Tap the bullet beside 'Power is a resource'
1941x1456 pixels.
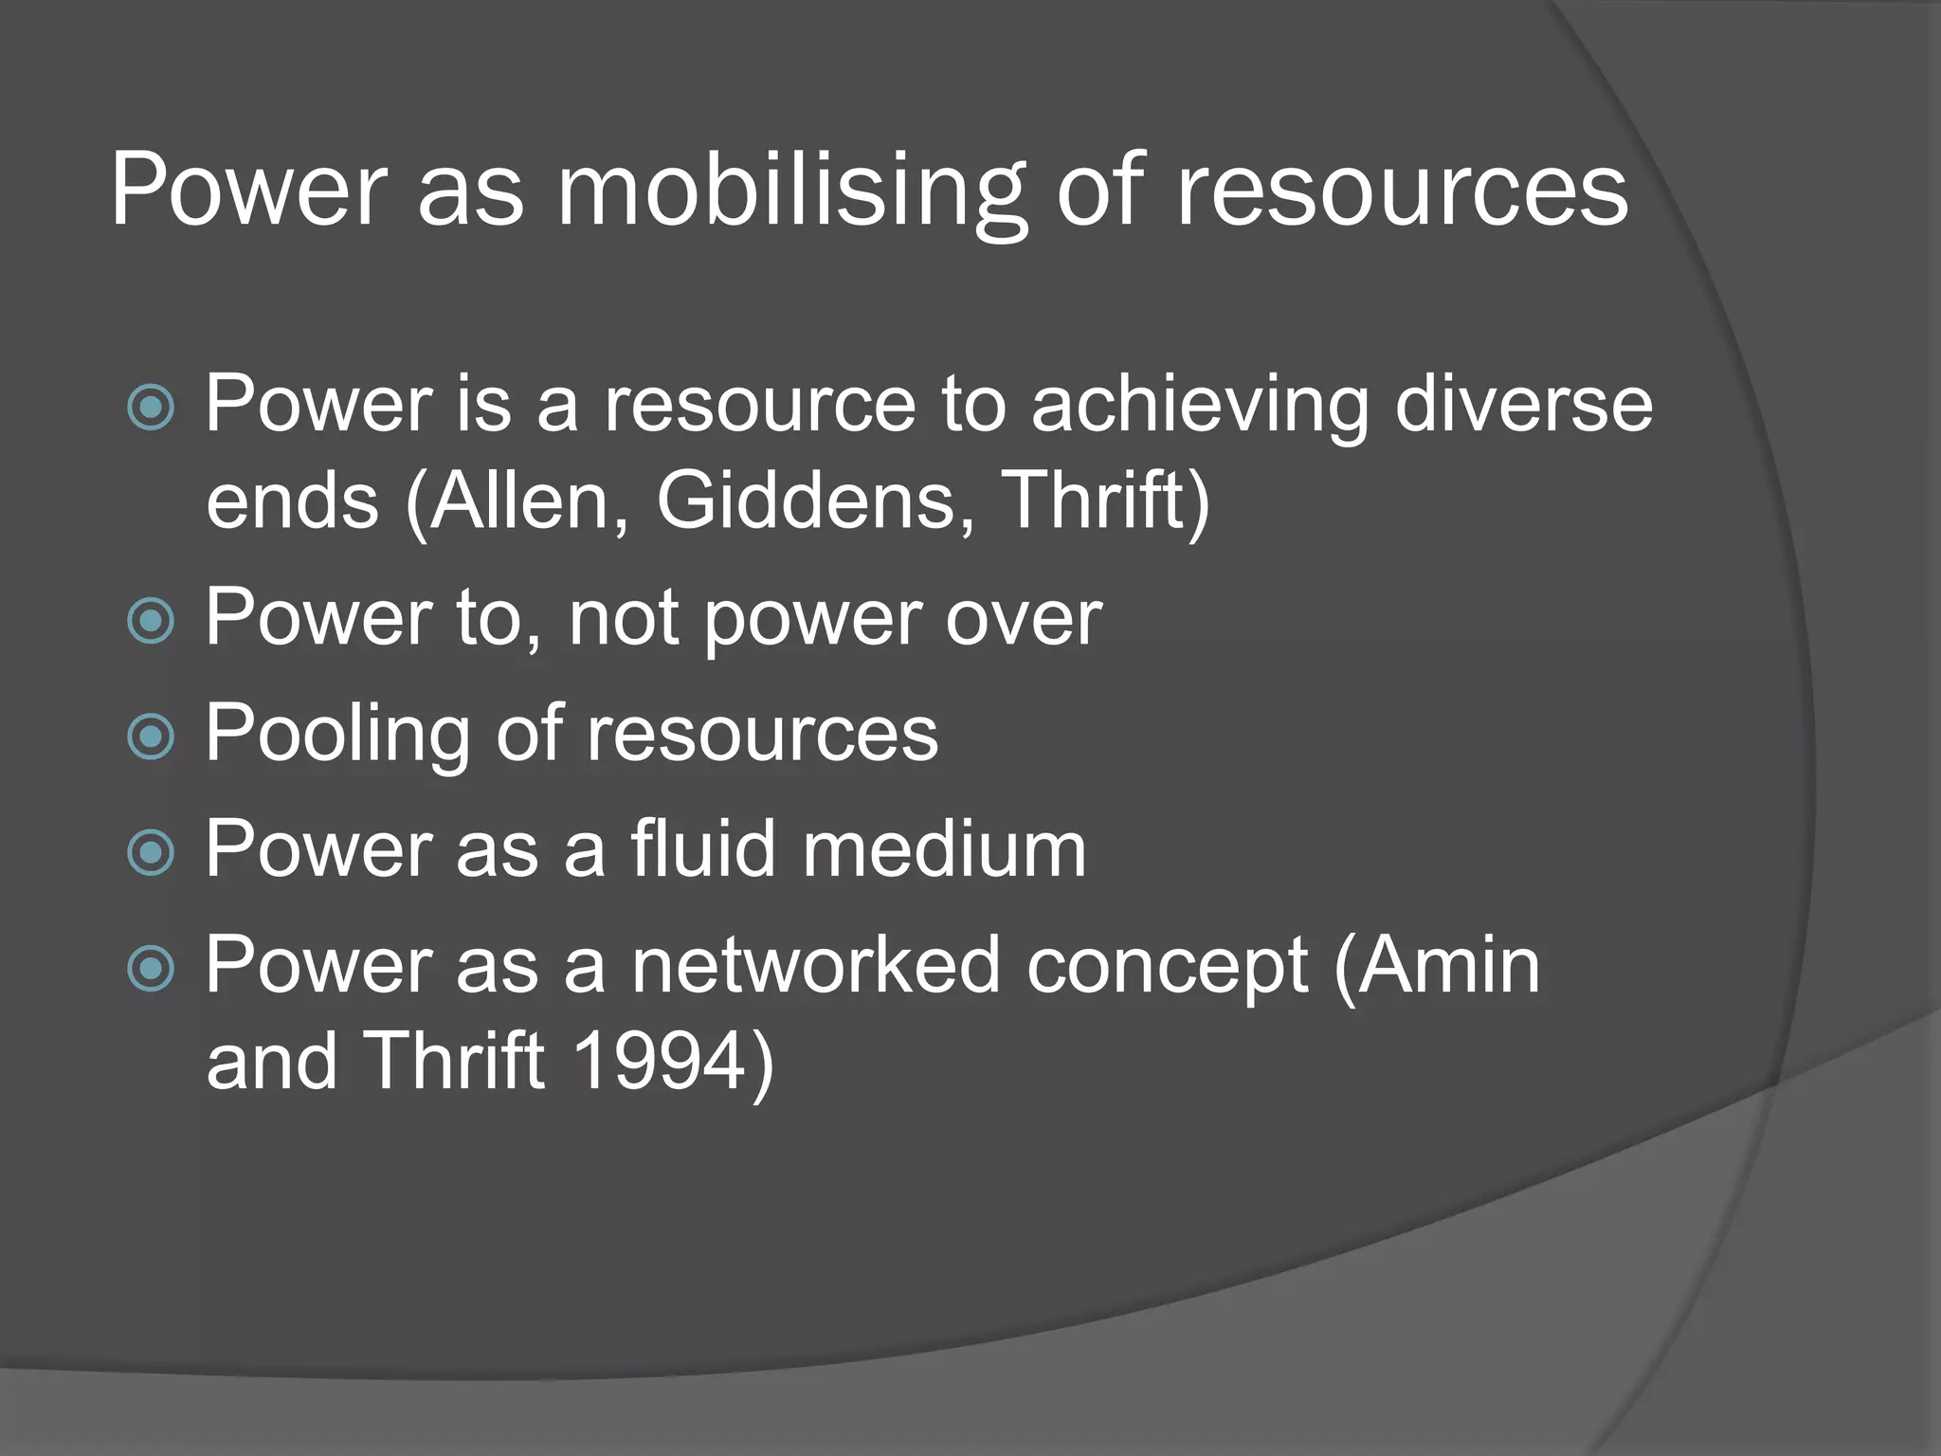151,408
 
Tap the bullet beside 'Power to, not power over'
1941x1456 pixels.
151,621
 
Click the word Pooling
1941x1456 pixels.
336,735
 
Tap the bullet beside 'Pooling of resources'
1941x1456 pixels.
151,737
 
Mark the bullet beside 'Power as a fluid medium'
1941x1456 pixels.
151,852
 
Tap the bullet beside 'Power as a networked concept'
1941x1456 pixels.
151,969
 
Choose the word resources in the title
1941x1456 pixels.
1401,192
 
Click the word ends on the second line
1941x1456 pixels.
292,502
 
